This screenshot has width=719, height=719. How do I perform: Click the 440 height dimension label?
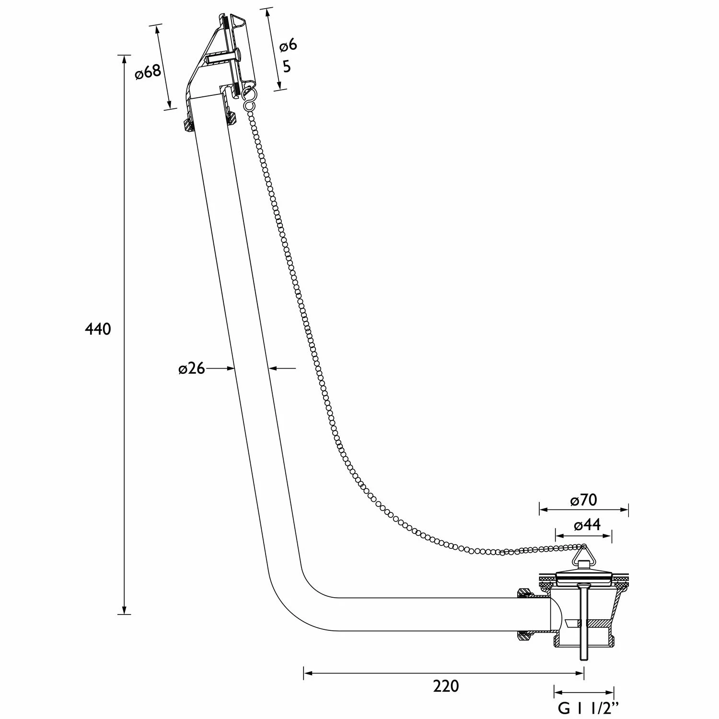(x=98, y=329)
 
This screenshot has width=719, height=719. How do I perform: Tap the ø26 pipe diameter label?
(x=191, y=369)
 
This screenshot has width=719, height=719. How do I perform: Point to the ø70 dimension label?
(x=583, y=500)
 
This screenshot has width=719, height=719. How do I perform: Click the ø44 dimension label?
(x=587, y=525)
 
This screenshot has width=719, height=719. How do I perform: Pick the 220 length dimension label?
(x=446, y=686)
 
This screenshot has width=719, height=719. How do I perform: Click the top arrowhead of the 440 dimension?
(x=124, y=59)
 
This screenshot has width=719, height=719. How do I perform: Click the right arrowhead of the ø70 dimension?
(x=624, y=510)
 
